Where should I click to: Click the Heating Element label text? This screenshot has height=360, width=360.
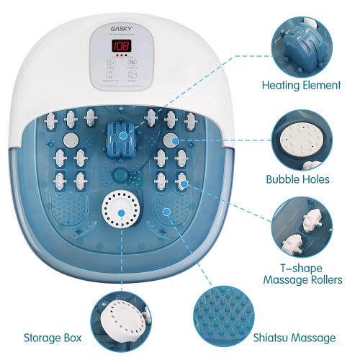click(x=300, y=85)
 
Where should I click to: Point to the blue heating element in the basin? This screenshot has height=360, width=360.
click(x=123, y=135)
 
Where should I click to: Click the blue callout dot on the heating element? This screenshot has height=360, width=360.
click(x=123, y=135)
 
